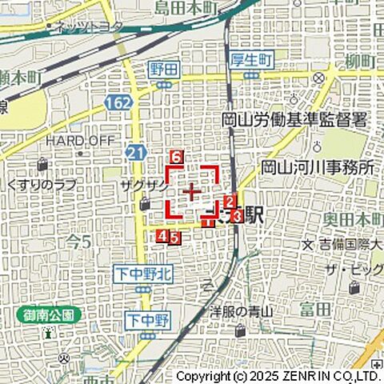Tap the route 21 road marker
coord(133,151)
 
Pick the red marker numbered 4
coord(162,236)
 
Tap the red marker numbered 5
coord(174,237)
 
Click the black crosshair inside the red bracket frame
coord(192,192)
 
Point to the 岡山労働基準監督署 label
coord(294,121)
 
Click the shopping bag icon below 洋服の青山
coord(241,330)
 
